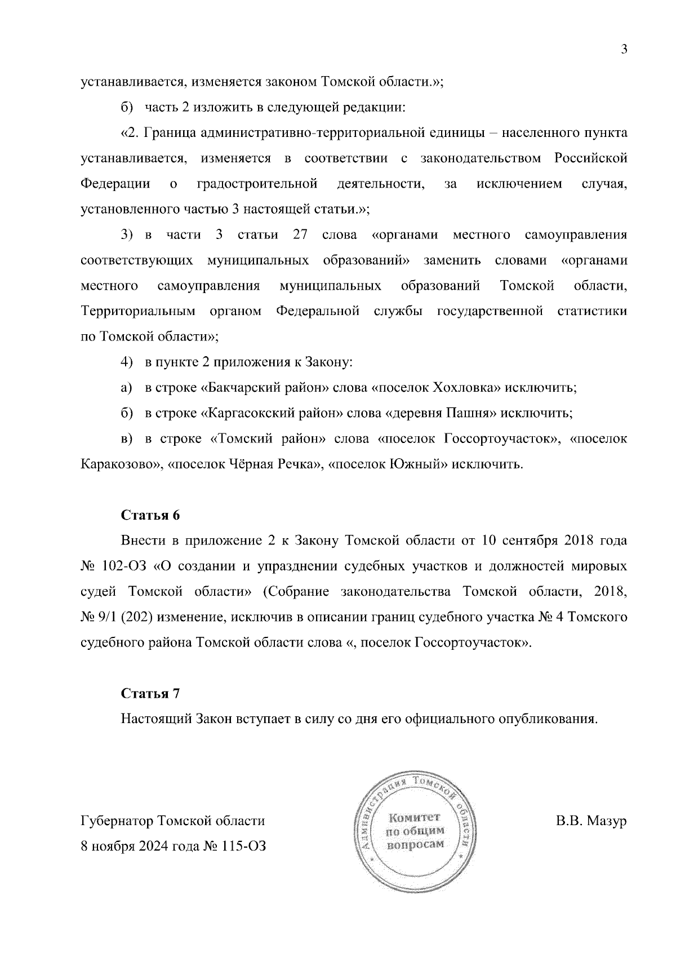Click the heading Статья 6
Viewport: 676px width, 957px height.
click(150, 515)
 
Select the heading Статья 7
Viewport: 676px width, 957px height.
click(150, 694)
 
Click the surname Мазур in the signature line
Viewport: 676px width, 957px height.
click(607, 821)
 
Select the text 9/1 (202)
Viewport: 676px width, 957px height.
click(123, 617)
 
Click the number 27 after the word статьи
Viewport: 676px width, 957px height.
click(300, 235)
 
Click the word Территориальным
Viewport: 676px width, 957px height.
click(138, 312)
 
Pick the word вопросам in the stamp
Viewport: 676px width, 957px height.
click(415, 844)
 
